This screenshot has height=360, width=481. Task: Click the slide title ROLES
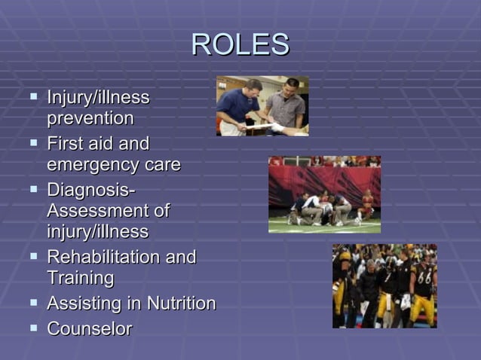tap(240, 45)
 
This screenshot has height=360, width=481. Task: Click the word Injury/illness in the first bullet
tap(98, 98)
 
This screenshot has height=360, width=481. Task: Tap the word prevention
tap(90, 119)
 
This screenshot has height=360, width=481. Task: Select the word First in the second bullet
tap(65, 144)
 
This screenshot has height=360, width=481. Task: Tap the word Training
tap(81, 278)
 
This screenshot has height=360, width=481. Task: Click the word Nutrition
tap(181, 304)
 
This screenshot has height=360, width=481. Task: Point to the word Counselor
tap(90, 328)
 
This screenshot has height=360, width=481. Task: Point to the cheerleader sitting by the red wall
tap(367, 204)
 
